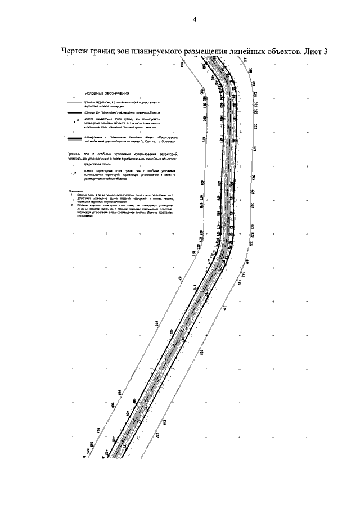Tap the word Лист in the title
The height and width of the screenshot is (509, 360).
click(x=311, y=51)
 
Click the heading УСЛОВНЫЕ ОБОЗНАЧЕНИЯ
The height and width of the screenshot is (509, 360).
click(x=107, y=93)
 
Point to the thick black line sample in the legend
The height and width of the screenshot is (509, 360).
click(x=74, y=112)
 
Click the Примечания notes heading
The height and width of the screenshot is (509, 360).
click(x=76, y=192)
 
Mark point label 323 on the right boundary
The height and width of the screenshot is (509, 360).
click(x=255, y=127)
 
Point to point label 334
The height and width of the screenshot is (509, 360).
click(x=225, y=308)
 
